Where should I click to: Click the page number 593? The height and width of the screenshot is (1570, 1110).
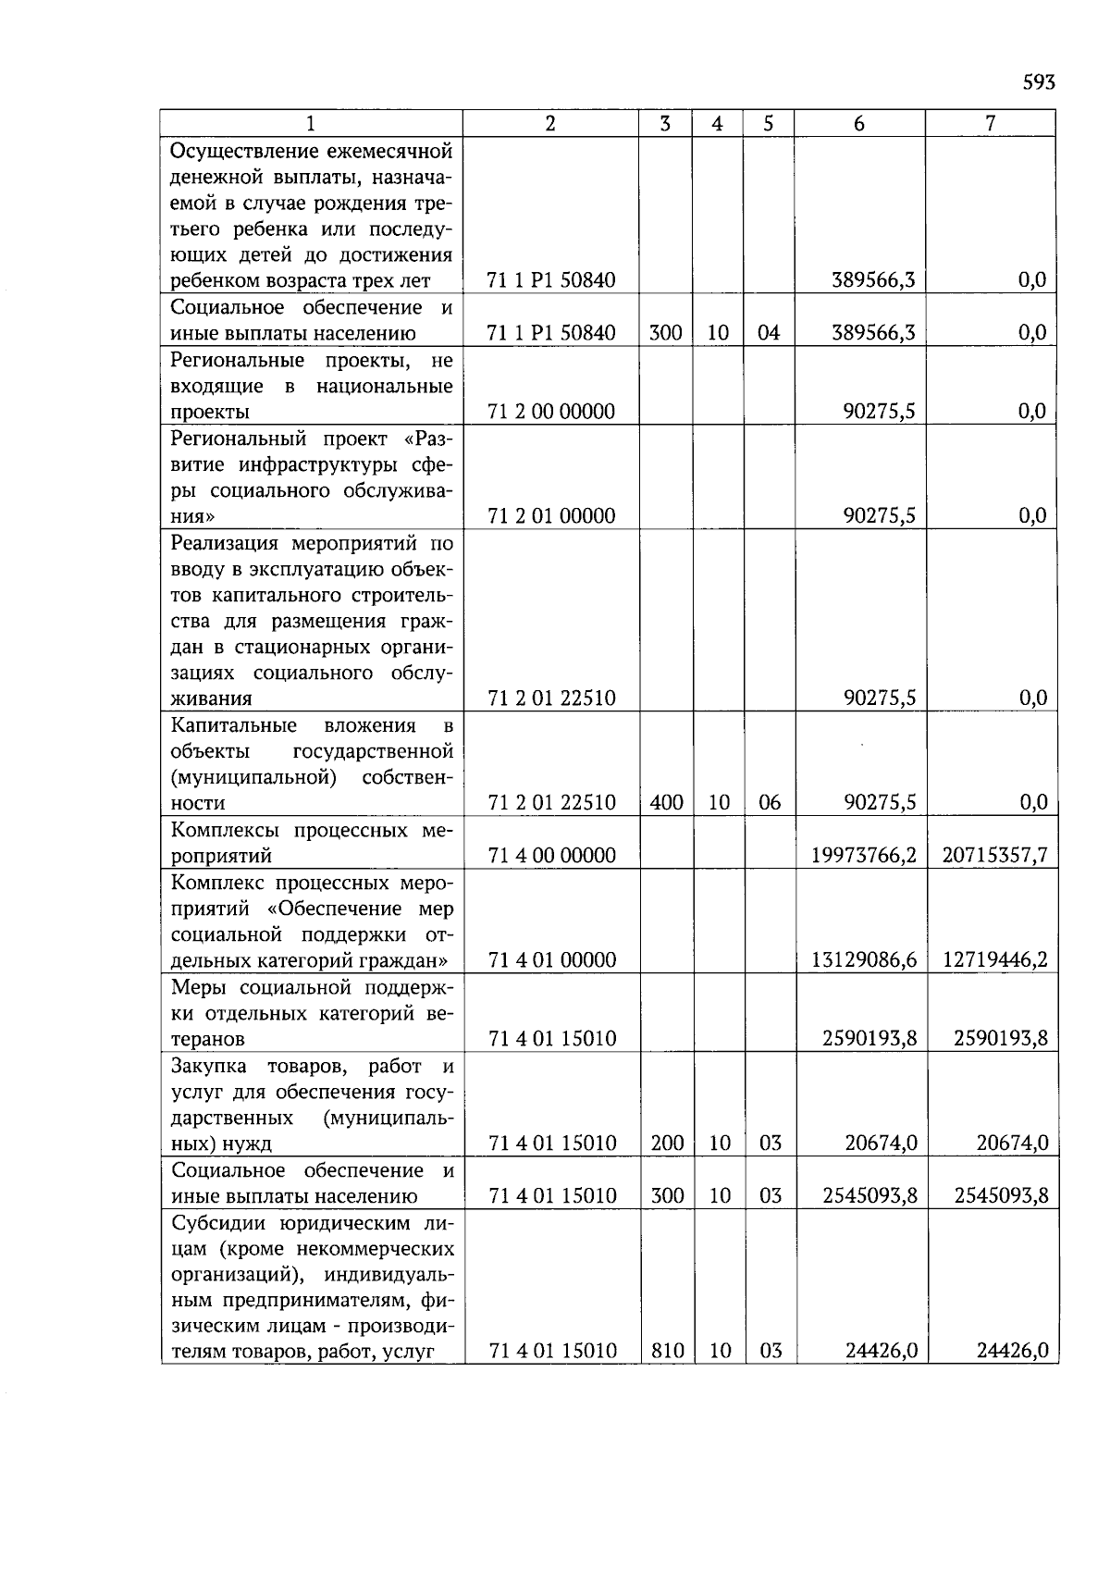tap(1038, 83)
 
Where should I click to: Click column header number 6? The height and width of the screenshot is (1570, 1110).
tap(859, 124)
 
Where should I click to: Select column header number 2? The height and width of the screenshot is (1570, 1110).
tap(550, 124)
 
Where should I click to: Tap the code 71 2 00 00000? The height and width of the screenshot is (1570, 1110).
tap(551, 412)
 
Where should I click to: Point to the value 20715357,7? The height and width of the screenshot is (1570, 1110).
tap(994, 855)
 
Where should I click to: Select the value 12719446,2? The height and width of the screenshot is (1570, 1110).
tap(994, 959)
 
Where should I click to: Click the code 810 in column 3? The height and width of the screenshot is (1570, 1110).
tap(666, 1351)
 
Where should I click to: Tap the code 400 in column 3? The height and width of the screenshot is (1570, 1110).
tap(666, 803)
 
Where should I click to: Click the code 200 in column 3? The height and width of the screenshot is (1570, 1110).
tap(666, 1144)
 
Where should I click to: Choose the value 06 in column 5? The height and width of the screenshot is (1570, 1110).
tap(770, 803)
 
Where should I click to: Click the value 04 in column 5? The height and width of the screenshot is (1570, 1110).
tap(769, 333)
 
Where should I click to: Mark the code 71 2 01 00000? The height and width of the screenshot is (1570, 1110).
tap(551, 516)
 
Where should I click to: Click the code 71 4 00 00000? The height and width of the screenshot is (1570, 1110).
tap(551, 855)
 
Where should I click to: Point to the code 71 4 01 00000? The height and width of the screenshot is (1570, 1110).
tap(551, 959)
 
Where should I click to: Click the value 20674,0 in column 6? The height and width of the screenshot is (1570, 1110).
tap(881, 1144)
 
